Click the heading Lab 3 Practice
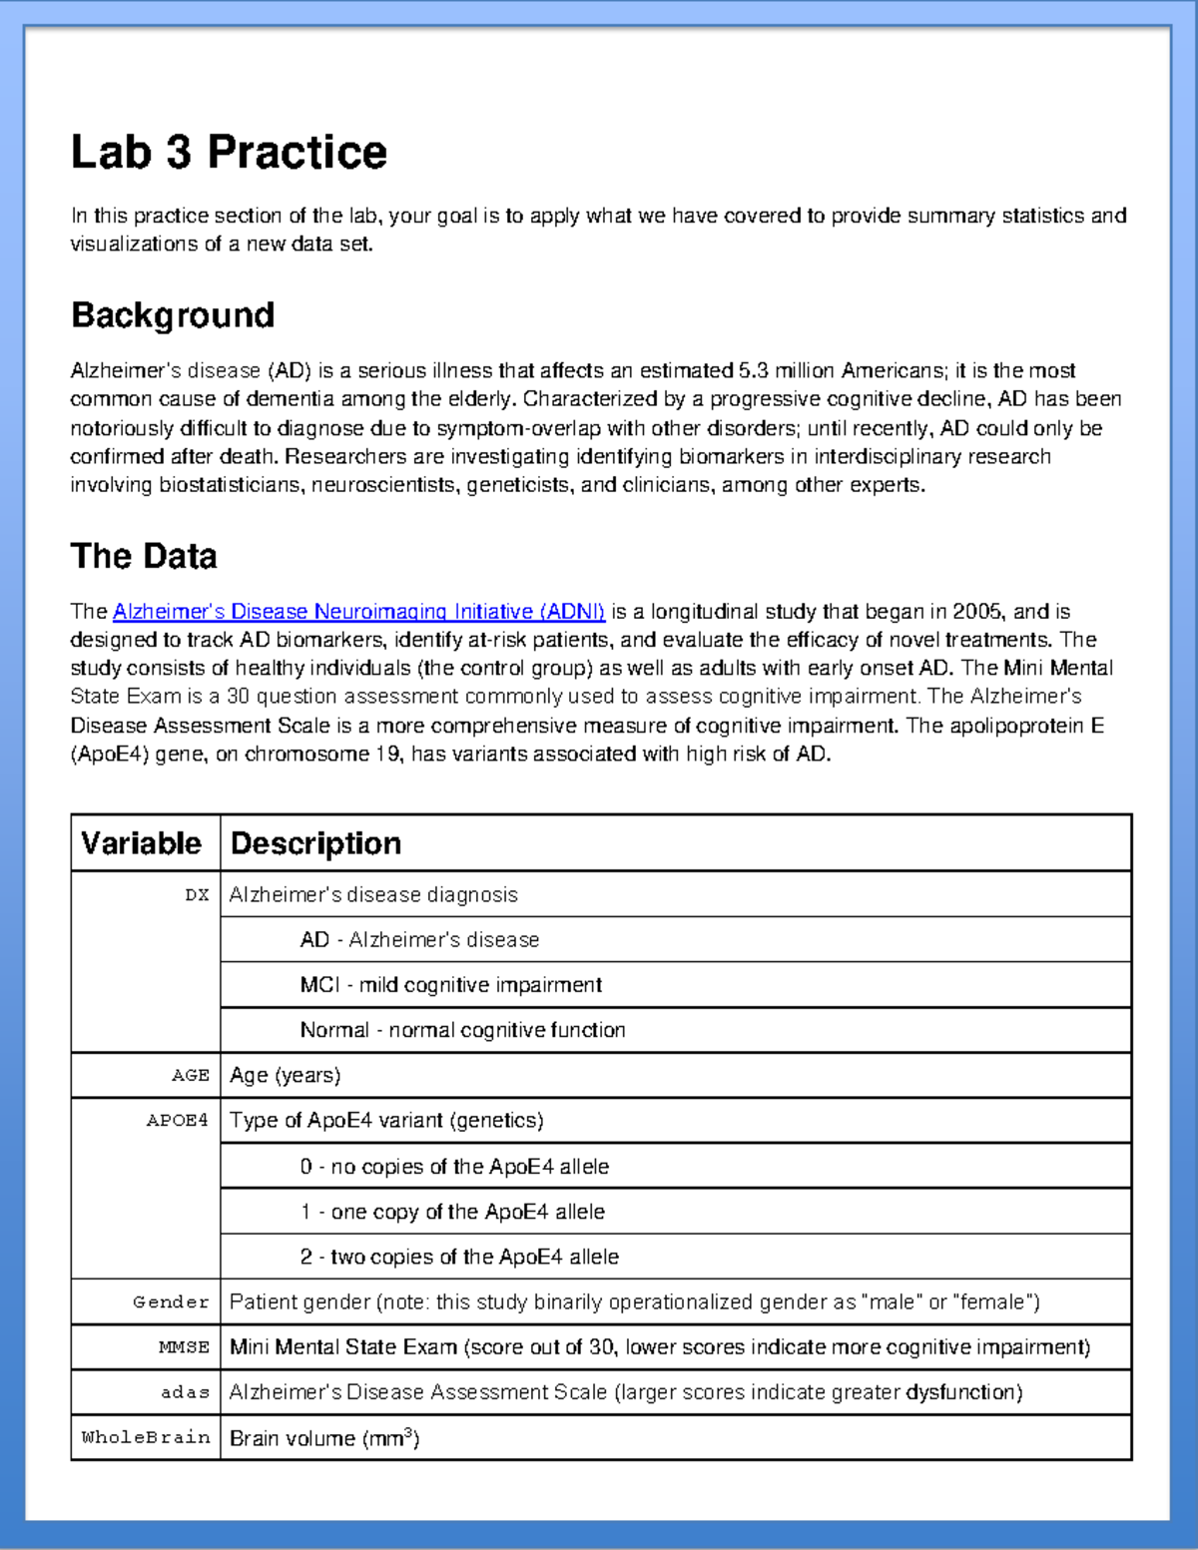pos(229,153)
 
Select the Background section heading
pos(173,315)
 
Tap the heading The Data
pos(144,556)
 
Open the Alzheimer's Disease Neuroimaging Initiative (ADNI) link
pos(358,612)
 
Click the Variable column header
pos(142,843)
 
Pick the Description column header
pos(315,843)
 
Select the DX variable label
pos(197,895)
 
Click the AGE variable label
pos(191,1076)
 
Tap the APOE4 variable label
pos(178,1121)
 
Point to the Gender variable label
pos(172,1302)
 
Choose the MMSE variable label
pos(184,1347)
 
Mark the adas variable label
pos(186,1392)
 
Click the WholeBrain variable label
pos(146,1438)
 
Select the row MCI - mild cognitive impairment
pos(450,985)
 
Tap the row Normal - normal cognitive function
pos(462,1030)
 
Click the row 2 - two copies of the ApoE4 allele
pos(459,1257)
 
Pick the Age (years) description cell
pos(286,1076)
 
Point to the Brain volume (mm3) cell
pos(324,1438)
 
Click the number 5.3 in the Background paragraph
pos(753,371)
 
